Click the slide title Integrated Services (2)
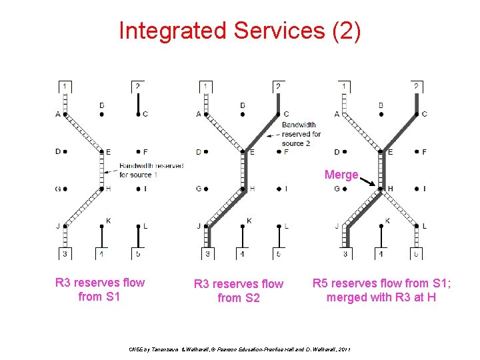pyautogui.click(x=240, y=31)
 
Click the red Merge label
pyautogui.click(x=341, y=175)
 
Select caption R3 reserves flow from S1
pyautogui.click(x=99, y=289)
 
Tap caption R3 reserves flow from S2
pyautogui.click(x=238, y=291)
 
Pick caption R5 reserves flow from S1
pyautogui.click(x=381, y=289)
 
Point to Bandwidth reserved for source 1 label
pyautogui.click(x=151, y=170)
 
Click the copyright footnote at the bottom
pyautogui.click(x=240, y=349)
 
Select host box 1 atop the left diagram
pyautogui.click(x=64, y=87)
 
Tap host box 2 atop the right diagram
pyautogui.click(x=416, y=87)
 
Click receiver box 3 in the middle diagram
pyautogui.click(x=207, y=253)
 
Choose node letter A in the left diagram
pyautogui.click(x=58, y=114)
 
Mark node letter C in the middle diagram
pyautogui.click(x=286, y=114)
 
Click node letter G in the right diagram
pyautogui.click(x=337, y=189)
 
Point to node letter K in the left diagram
pyautogui.click(x=108, y=221)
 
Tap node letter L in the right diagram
pyautogui.click(x=424, y=226)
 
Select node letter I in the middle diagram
pyautogui.click(x=286, y=189)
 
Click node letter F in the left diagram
pyautogui.click(x=145, y=152)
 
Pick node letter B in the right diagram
pyautogui.click(x=380, y=105)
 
